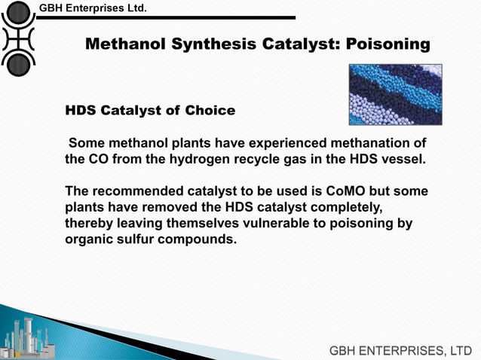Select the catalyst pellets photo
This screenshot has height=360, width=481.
click(x=395, y=94)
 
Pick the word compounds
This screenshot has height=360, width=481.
click(x=200, y=240)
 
